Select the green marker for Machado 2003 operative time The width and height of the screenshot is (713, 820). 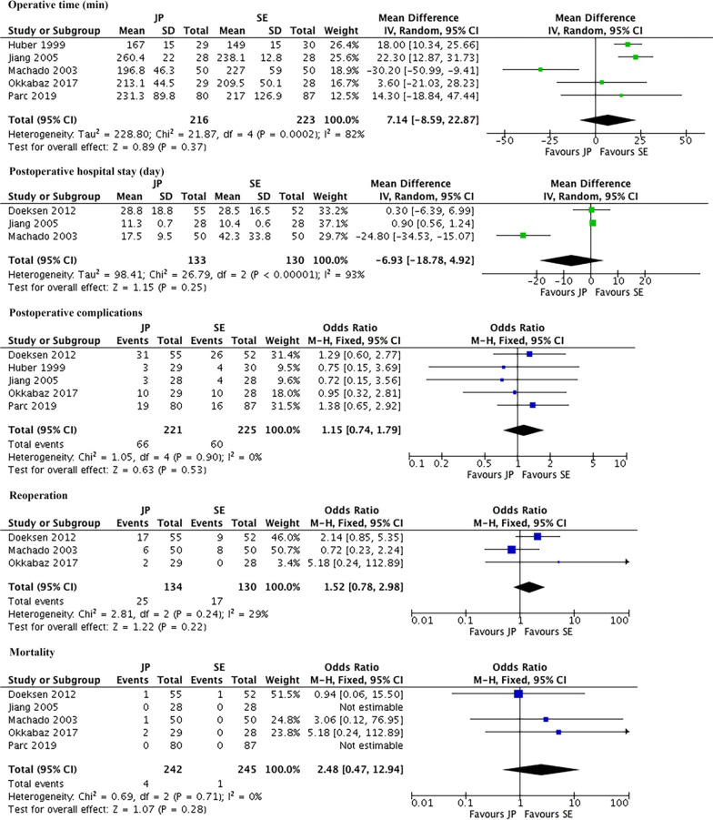(x=540, y=69)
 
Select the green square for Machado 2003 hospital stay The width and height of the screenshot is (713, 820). (x=524, y=235)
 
